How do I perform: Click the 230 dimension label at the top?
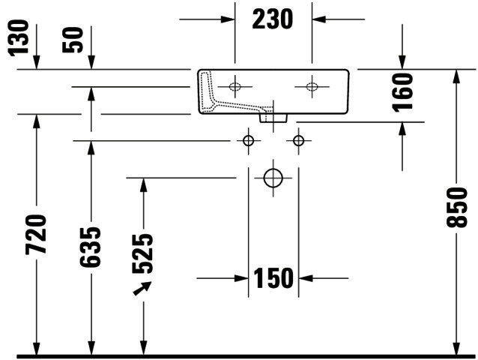273,19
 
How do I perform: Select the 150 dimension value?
273,278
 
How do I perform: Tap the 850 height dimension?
456,208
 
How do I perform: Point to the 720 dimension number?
36,235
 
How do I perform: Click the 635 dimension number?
90,247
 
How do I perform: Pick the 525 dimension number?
142,253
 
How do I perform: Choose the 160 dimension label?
402,91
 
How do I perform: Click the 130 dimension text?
19,38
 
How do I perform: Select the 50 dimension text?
73,40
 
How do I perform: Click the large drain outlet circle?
273,178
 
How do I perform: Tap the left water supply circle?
249,141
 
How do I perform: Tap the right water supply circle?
298,141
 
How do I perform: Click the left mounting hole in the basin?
235,87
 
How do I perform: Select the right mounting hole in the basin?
312,87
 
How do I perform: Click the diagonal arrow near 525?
142,288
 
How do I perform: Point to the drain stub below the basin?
273,118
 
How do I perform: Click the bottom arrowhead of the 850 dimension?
456,349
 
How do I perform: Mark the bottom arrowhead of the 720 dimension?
36,349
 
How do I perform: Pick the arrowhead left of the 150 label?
241,278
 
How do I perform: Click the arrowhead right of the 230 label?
319,19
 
